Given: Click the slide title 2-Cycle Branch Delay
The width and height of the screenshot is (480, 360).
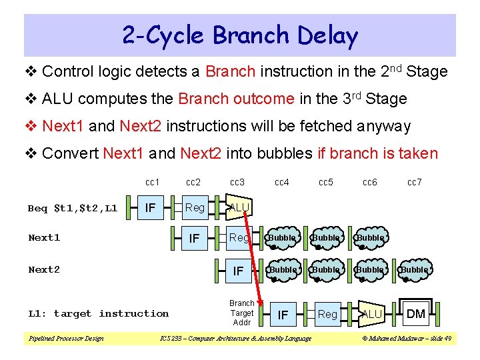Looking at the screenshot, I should pyautogui.click(x=240, y=35).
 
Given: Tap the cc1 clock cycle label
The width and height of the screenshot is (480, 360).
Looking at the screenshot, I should pyautogui.click(x=152, y=182).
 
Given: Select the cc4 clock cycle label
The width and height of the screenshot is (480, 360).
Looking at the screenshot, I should pyautogui.click(x=282, y=182).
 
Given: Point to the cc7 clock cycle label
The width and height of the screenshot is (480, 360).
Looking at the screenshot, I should pyautogui.click(x=414, y=182).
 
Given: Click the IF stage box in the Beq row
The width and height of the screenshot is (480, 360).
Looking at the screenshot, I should pyautogui.click(x=151, y=208).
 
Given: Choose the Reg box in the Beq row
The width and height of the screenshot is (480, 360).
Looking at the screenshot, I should pyautogui.click(x=195, y=208).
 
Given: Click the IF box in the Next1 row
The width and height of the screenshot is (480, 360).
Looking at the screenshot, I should pyautogui.click(x=195, y=238).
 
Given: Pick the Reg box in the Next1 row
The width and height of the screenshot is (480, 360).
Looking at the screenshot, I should pyautogui.click(x=239, y=238).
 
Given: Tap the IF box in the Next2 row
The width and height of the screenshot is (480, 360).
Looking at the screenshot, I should pyautogui.click(x=238, y=270).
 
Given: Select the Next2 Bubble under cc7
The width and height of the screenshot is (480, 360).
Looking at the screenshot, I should pyautogui.click(x=414, y=270).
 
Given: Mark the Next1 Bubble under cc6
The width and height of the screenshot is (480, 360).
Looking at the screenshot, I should pyautogui.click(x=370, y=238).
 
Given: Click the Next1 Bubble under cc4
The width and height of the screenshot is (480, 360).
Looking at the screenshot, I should pyautogui.click(x=282, y=238).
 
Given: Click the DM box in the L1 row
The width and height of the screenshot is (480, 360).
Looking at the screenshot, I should pyautogui.click(x=416, y=313).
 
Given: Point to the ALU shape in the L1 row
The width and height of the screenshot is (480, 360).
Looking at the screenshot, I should pyautogui.click(x=371, y=313).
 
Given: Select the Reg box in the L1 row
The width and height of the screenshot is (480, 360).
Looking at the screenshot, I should pyautogui.click(x=327, y=313).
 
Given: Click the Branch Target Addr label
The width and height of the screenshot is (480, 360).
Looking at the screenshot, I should pyautogui.click(x=241, y=313).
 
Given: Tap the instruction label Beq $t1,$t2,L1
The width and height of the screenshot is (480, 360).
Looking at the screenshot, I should pyautogui.click(x=73, y=209).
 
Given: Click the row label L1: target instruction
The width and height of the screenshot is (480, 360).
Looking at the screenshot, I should pyautogui.click(x=98, y=313).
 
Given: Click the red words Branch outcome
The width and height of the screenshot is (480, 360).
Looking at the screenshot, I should pyautogui.click(x=236, y=99).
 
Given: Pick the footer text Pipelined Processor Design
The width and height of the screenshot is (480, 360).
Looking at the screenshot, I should pyautogui.click(x=66, y=339).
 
